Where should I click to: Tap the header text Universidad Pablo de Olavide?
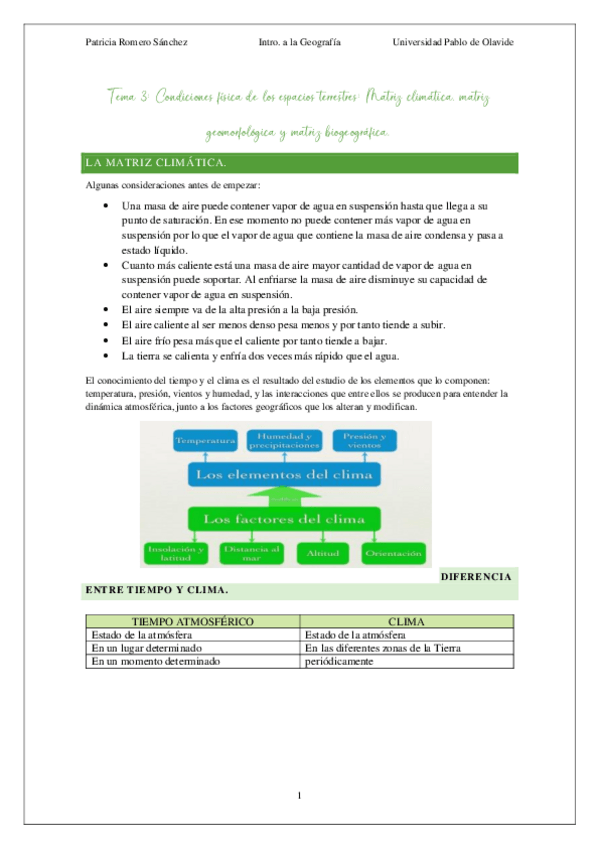pyautogui.click(x=453, y=43)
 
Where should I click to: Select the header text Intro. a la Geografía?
pyautogui.click(x=299, y=43)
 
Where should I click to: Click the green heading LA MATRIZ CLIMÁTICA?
pyautogui.click(x=155, y=162)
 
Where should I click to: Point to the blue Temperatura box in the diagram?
pyautogui.click(x=205, y=440)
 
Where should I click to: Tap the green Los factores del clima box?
pyautogui.click(x=285, y=519)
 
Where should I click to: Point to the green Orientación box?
pyautogui.click(x=393, y=553)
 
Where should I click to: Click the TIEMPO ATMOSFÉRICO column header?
pyautogui.click(x=192, y=621)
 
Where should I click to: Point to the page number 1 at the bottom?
pyautogui.click(x=299, y=796)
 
